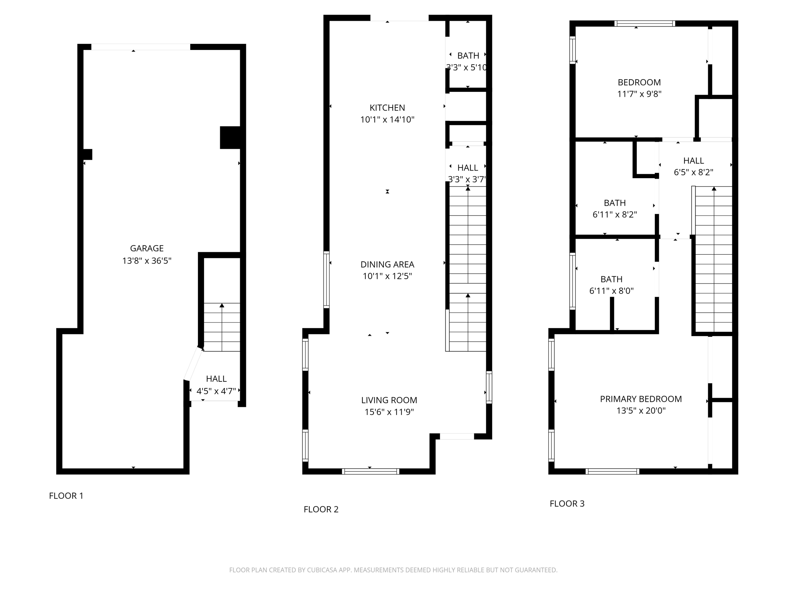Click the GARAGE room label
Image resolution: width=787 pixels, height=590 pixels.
click(146, 249)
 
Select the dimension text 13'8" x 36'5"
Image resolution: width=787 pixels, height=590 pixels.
click(146, 261)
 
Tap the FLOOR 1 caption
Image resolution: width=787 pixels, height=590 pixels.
click(66, 496)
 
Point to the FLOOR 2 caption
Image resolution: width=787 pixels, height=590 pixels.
click(321, 509)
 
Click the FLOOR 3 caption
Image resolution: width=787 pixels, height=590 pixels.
click(567, 504)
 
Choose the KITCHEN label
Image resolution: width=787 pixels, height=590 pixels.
click(387, 108)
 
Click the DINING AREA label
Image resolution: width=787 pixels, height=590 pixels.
click(387, 264)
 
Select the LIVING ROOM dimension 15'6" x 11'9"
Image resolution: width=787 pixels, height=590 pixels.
click(389, 412)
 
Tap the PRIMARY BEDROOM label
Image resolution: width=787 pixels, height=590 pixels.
click(641, 399)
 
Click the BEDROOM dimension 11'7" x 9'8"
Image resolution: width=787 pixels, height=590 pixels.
click(639, 94)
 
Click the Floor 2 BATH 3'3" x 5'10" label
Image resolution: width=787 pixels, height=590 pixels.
click(468, 56)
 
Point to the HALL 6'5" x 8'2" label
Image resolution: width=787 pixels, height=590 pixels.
click(693, 161)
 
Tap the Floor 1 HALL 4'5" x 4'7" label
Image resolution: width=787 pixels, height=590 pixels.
click(216, 379)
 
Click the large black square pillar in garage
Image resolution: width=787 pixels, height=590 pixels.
click(230, 138)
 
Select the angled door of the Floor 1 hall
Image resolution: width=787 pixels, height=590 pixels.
click(193, 364)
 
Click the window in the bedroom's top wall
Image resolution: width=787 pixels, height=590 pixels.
click(644, 23)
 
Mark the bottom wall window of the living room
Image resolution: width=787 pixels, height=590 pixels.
click(370, 471)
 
